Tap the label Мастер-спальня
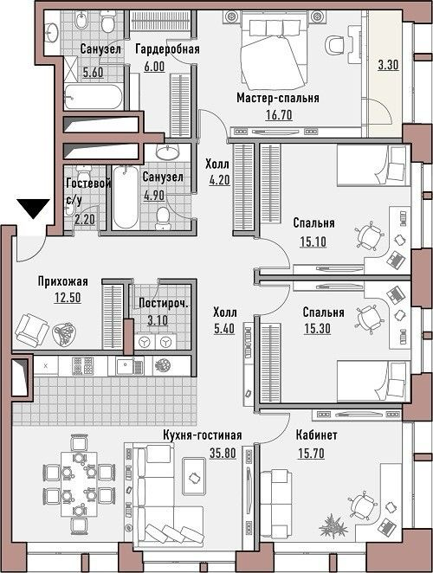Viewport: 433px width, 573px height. pyautogui.click(x=278, y=98)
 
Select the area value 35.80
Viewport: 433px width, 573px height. pyautogui.click(x=223, y=454)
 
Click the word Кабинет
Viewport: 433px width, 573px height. pyautogui.click(x=316, y=435)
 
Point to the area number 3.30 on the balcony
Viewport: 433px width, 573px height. pyautogui.click(x=388, y=65)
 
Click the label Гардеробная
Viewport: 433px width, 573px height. pyautogui.click(x=167, y=49)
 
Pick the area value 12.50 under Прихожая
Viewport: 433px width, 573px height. pyautogui.click(x=68, y=298)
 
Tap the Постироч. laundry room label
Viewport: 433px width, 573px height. pyautogui.click(x=163, y=303)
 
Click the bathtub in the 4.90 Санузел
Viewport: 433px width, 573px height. pyautogui.click(x=126, y=197)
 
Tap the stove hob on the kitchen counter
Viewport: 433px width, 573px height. pyautogui.click(x=82, y=366)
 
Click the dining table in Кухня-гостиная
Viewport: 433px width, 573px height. pyautogui.click(x=79, y=484)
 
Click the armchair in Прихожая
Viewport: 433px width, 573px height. pyautogui.click(x=31, y=330)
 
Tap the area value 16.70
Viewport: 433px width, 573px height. pyautogui.click(x=279, y=115)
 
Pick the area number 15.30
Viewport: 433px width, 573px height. pyautogui.click(x=318, y=329)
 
